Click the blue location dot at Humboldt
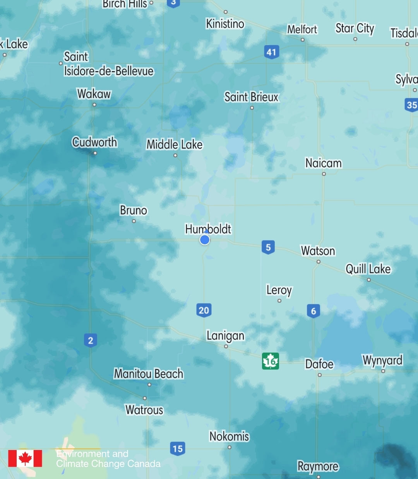[205, 240]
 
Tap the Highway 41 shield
[271, 52]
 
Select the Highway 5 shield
[268, 247]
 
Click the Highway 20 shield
[204, 310]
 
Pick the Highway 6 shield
[313, 311]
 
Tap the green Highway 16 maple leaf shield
[271, 361]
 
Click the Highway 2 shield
[91, 340]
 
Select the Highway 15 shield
[177, 448]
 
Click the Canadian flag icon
[25, 459]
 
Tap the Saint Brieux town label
[252, 97]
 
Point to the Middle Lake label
[175, 145]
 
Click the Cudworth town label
[95, 142]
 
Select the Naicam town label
[324, 163]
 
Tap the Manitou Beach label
[149, 374]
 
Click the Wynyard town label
[382, 360]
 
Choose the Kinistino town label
[225, 24]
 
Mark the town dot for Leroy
[279, 301]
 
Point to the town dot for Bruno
[134, 221]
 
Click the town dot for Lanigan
[226, 346]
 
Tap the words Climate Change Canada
[108, 464]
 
